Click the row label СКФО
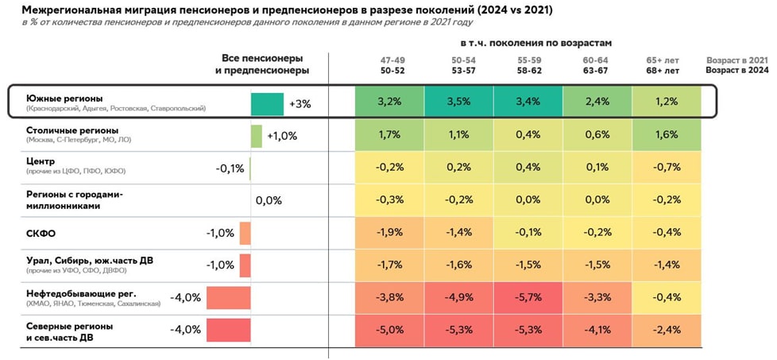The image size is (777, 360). [41, 233]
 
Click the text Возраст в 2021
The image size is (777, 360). [737, 60]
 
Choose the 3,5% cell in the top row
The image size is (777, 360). [458, 103]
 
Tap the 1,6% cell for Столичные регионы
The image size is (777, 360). [666, 135]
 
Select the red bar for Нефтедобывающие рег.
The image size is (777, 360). [229, 297]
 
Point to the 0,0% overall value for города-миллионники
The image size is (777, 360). [269, 200]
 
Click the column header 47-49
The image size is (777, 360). [389, 60]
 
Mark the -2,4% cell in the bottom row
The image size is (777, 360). [666, 329]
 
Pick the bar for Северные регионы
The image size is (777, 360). [229, 329]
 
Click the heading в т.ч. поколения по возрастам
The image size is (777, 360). [535, 41]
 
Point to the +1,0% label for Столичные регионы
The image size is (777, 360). [281, 136]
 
